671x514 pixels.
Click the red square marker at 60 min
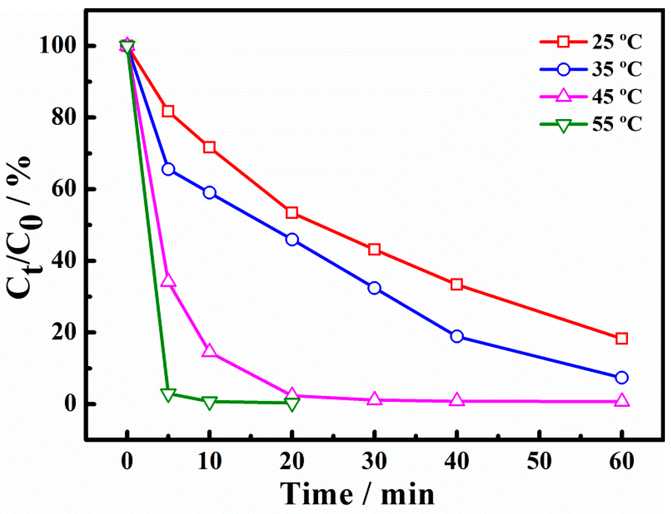click(x=621, y=339)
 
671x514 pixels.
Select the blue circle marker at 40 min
click(x=457, y=336)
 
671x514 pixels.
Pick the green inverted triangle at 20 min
click(x=292, y=404)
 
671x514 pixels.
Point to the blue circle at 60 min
click(x=621, y=377)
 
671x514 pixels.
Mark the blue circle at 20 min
click(x=292, y=239)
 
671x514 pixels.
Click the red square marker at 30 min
click(x=374, y=249)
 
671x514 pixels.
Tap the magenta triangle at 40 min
click(x=457, y=400)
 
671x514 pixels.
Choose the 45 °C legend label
click(x=616, y=97)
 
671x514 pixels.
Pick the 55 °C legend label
click(x=616, y=124)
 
